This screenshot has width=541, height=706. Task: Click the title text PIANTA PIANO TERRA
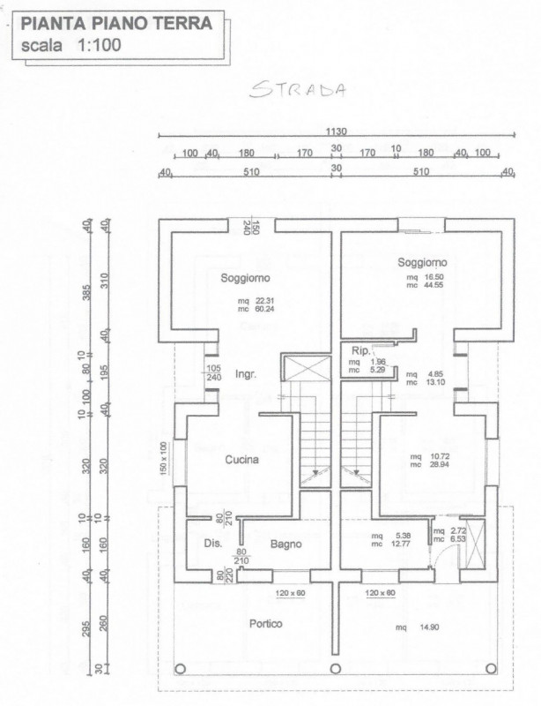(117, 25)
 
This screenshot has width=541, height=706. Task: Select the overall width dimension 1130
(337, 131)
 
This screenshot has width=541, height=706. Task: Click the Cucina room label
(241, 460)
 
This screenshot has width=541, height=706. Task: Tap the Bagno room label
(286, 544)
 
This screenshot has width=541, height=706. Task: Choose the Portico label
(265, 624)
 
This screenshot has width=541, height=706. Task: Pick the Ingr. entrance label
(245, 374)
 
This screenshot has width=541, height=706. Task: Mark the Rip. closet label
(359, 350)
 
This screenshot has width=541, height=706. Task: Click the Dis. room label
(212, 544)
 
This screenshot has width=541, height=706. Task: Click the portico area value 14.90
(428, 627)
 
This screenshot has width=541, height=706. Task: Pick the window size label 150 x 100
(163, 460)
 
